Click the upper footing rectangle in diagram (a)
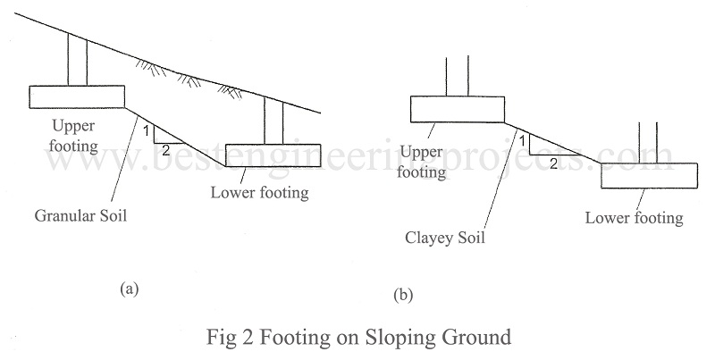pos(76,96)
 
